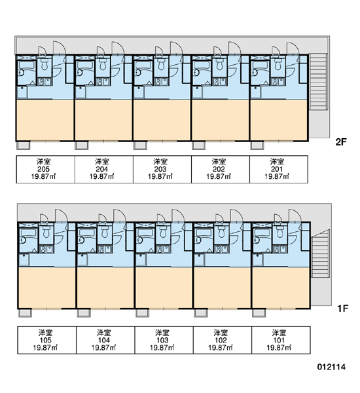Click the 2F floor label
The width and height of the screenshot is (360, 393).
[341, 142]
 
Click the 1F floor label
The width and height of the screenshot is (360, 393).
[342, 309]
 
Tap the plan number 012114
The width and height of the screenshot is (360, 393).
[331, 367]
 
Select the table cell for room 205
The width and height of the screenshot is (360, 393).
[46, 169]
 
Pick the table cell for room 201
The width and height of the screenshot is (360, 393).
[279, 169]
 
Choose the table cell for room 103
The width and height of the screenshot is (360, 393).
[164, 340]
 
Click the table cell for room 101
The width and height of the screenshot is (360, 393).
[281, 340]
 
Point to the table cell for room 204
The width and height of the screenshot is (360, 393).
[104, 169]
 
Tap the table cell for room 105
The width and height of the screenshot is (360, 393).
[47, 340]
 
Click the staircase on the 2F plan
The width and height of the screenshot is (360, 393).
[318, 81]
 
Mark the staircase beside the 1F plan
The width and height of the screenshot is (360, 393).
[320, 253]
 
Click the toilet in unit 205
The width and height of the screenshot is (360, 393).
[45, 65]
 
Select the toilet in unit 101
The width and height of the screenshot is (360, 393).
[280, 232]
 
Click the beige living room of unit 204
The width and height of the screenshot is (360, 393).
[103, 120]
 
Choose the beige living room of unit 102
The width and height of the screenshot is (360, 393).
[222, 288]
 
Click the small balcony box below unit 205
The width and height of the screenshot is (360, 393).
[24, 145]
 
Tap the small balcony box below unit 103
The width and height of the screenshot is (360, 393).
[142, 313]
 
